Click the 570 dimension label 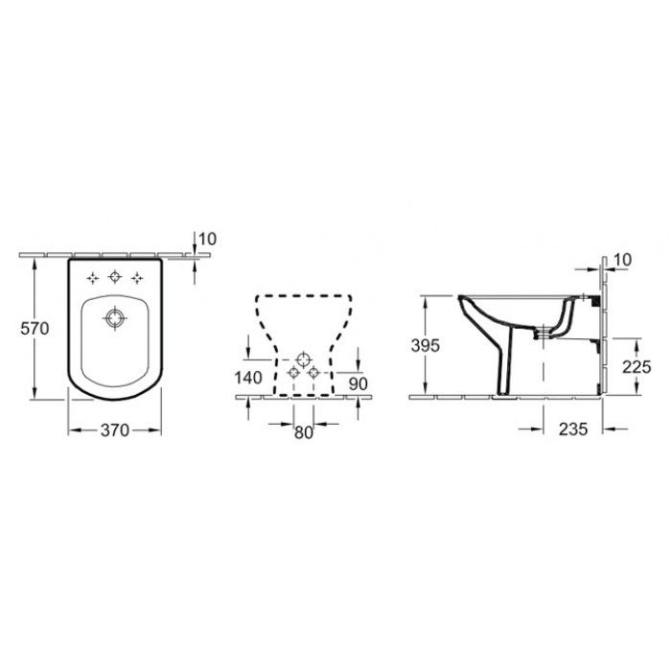point(35,328)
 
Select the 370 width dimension point(115,430)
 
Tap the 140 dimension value point(248,378)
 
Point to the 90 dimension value point(358,383)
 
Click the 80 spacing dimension point(304,432)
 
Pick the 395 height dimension point(425,345)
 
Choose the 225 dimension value point(636,367)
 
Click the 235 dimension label point(573,428)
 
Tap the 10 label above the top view point(208,239)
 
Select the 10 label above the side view point(622,260)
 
